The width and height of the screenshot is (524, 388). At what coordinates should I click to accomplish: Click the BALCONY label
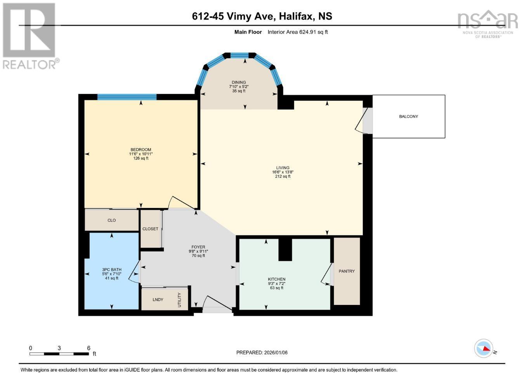pyautogui.click(x=408, y=116)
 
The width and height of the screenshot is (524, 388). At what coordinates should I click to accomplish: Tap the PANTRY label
pyautogui.click(x=347, y=271)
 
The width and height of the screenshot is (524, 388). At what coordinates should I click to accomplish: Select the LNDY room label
pyautogui.click(x=158, y=300)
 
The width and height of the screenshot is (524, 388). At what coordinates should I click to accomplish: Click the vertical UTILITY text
pyautogui.click(x=180, y=300)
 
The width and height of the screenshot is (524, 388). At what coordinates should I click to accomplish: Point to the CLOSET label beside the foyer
pyautogui.click(x=150, y=229)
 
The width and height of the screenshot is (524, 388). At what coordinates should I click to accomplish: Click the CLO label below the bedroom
pyautogui.click(x=112, y=220)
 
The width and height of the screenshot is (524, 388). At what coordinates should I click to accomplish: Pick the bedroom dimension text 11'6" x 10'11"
pyautogui.click(x=141, y=154)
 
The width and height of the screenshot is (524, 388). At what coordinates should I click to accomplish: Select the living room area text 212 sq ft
pyautogui.click(x=283, y=177)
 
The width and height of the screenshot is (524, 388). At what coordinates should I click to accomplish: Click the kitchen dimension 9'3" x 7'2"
pyautogui.click(x=277, y=284)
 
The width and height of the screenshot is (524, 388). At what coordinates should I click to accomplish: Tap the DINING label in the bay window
pyautogui.click(x=239, y=82)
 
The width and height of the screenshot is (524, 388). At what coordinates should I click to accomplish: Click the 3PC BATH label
pyautogui.click(x=112, y=270)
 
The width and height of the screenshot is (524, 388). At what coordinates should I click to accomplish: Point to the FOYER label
pyautogui.click(x=198, y=247)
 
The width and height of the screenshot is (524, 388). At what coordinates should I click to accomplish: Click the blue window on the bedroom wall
pyautogui.click(x=127, y=97)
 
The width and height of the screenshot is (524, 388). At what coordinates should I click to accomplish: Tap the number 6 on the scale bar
pyautogui.click(x=89, y=348)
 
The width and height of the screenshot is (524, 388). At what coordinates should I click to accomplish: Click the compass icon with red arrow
pyautogui.click(x=484, y=348)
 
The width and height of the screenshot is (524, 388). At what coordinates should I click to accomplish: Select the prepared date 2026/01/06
pyautogui.click(x=276, y=353)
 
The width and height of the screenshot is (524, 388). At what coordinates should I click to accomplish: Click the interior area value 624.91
pyautogui.click(x=306, y=32)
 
